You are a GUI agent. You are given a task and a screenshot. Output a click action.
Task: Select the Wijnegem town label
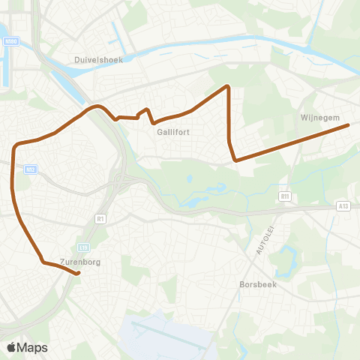point(320,117)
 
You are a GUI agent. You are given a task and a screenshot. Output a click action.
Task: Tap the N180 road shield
point(10,42)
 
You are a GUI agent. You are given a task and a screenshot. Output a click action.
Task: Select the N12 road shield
point(29,169)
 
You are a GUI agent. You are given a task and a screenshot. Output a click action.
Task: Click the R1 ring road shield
point(100,218)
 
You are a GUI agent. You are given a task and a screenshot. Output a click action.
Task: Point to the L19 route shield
point(83,247)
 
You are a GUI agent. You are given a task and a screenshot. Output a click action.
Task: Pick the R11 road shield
point(284,196)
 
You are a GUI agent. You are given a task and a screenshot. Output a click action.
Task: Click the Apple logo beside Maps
point(11,347)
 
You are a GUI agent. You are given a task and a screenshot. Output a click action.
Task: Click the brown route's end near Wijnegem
point(348,125)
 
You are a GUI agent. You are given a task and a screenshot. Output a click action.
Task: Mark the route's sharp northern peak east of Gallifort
point(227,87)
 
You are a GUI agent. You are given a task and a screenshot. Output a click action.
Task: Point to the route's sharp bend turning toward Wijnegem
point(235,160)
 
